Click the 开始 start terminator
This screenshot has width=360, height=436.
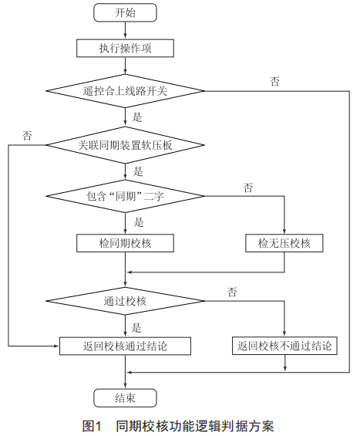point(125,12)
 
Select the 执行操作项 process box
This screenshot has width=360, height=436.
point(126,48)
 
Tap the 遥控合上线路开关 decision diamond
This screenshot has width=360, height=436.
point(126,90)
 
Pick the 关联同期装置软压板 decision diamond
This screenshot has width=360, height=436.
point(126,145)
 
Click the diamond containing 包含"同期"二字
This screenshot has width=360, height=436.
point(126,196)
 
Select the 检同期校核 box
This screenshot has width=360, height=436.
point(126,243)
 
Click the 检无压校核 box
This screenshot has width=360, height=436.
point(284,243)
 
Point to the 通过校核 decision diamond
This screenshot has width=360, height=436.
point(126,301)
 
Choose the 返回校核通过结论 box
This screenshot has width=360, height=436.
point(126,346)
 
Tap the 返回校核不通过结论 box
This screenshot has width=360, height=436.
point(284,346)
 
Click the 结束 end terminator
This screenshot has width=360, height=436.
point(125,398)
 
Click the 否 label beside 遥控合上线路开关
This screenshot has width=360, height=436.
point(274,81)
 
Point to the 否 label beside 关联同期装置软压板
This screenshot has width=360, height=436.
point(27,136)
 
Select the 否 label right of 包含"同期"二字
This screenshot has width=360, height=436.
point(248,188)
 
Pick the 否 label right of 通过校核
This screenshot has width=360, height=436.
point(232,292)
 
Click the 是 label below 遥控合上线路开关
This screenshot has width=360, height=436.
point(137,117)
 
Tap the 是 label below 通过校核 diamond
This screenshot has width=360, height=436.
point(136,328)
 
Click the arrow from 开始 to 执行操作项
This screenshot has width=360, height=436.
point(126,30)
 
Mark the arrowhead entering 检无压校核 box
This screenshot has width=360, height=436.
point(284,232)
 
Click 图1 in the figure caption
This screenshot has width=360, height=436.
point(93,426)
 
